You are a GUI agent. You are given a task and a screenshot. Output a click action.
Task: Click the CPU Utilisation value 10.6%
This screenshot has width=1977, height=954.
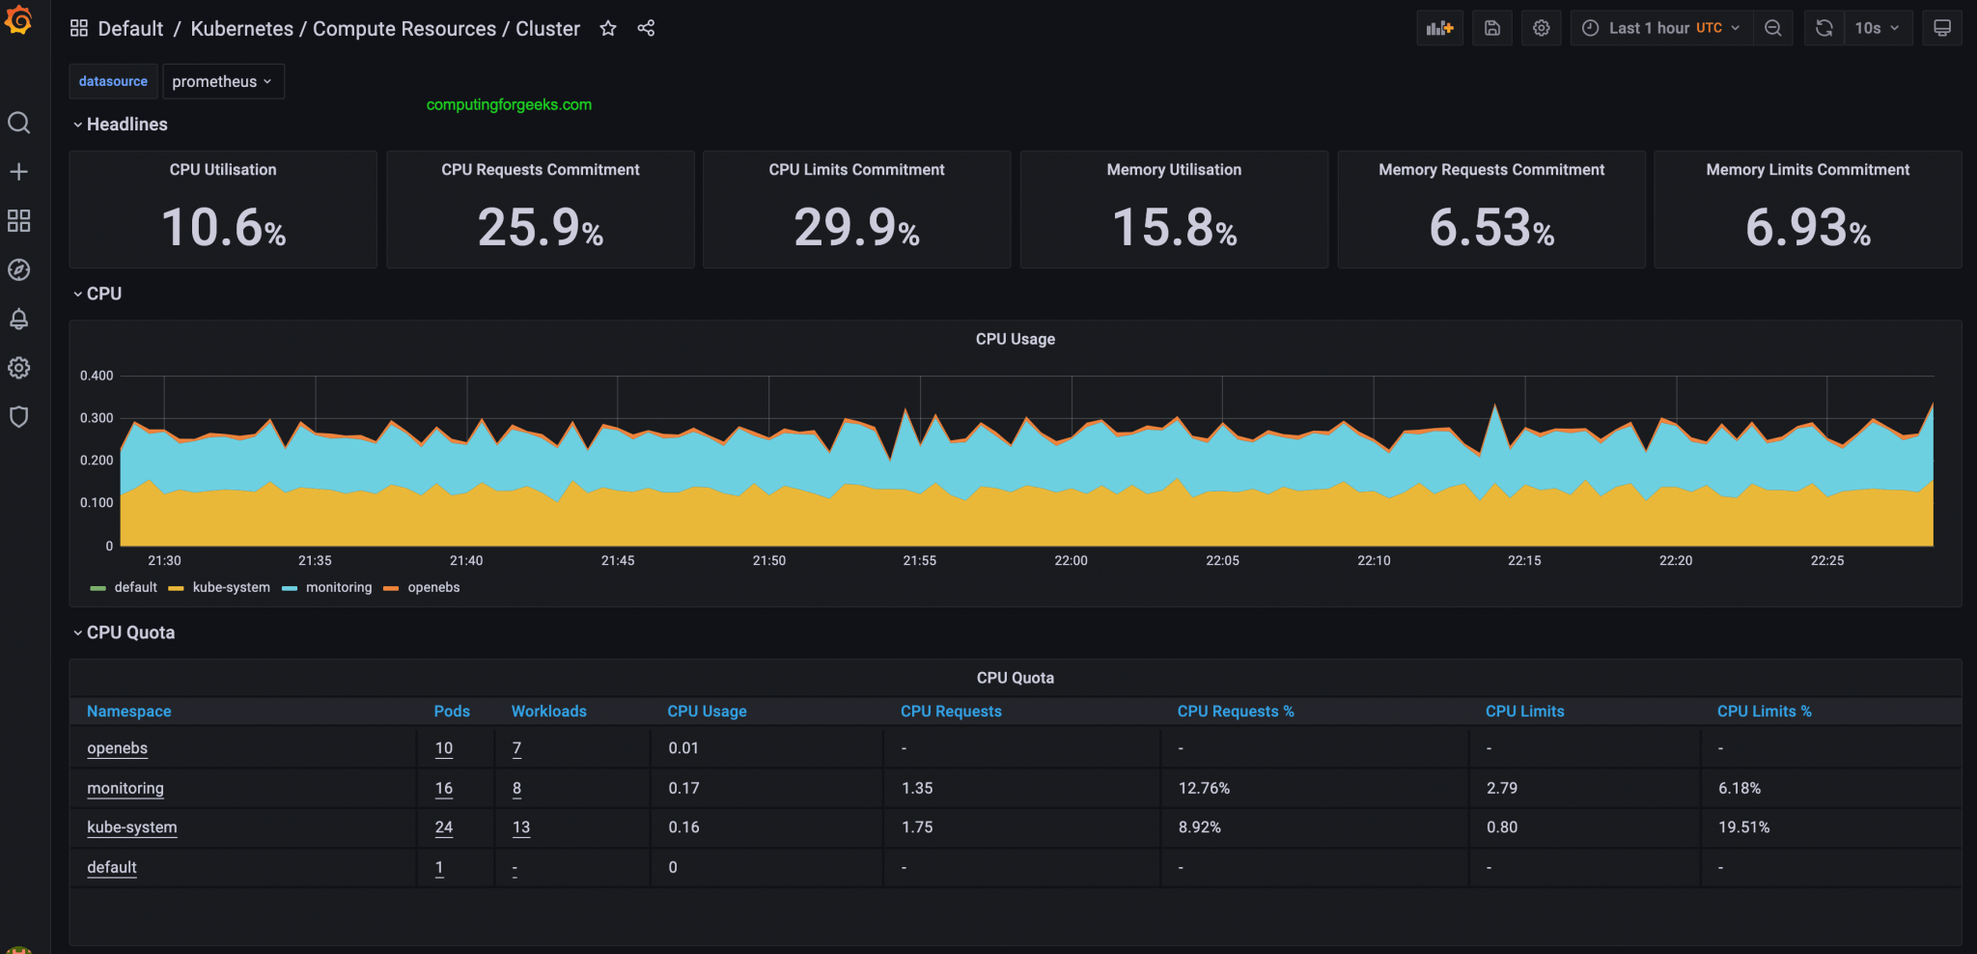[x=223, y=228]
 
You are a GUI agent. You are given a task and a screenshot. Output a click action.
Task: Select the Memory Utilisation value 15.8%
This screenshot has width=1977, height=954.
[x=1174, y=228]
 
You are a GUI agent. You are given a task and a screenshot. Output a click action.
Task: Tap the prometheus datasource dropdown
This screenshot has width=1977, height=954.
[x=223, y=82]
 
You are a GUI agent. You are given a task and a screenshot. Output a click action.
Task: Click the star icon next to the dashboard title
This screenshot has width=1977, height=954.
[x=608, y=29]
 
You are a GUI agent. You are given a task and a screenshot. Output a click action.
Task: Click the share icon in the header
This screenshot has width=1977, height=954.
[x=646, y=29]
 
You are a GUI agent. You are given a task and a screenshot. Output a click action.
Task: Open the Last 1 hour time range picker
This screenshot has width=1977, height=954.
[x=1660, y=29]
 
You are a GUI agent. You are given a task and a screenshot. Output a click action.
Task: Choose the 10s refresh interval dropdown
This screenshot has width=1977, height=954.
[x=1877, y=29]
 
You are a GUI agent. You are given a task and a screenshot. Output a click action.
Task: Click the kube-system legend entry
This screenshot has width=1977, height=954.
[x=231, y=587]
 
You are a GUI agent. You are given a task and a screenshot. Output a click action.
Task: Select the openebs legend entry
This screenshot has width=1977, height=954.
[x=433, y=587]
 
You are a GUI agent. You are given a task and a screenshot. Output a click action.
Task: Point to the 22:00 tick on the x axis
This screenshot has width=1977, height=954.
[x=1071, y=560]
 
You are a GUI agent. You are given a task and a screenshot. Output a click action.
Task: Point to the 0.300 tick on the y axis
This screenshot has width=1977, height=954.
[x=97, y=418]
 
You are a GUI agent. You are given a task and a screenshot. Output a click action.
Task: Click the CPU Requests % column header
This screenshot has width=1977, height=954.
[x=1235, y=712]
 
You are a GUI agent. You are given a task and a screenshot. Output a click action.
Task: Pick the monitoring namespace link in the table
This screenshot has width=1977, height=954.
[x=125, y=788]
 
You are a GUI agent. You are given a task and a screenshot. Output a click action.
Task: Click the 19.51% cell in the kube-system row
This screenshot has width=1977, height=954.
[x=1743, y=828]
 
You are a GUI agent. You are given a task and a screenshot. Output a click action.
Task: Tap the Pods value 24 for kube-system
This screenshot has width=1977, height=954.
[x=444, y=828]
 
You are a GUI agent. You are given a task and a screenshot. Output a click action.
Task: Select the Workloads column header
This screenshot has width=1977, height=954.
[x=548, y=712]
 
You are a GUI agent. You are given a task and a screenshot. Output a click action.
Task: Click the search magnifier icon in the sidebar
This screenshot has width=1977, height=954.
[x=19, y=123]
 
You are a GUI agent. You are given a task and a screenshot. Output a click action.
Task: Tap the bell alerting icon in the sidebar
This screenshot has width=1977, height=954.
[x=19, y=319]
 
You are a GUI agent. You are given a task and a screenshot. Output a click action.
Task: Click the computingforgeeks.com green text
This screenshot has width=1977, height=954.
[x=509, y=104]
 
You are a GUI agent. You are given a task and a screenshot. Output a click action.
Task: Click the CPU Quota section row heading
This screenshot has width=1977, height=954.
[x=130, y=632]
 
